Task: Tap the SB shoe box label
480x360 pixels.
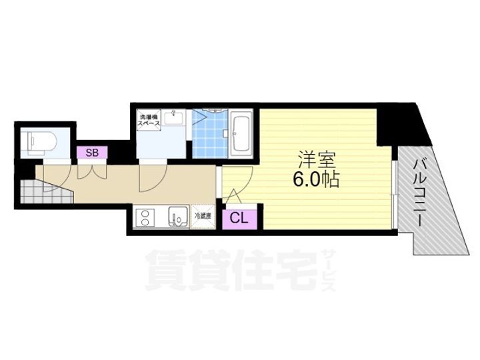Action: [x=92, y=153]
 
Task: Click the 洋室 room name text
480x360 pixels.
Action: [x=317, y=160]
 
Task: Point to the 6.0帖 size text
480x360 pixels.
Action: [x=317, y=179]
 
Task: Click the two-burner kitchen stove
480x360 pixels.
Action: [x=145, y=217]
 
